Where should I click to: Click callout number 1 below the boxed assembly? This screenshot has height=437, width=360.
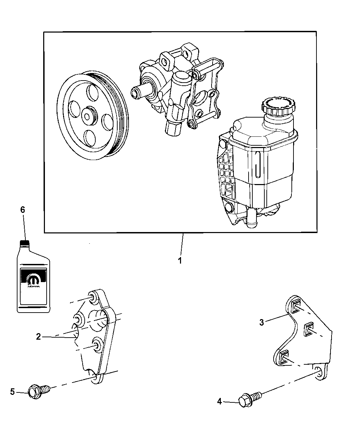[180, 260]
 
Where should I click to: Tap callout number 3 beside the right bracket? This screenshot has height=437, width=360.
[262, 323]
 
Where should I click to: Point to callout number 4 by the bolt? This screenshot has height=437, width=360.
[220, 401]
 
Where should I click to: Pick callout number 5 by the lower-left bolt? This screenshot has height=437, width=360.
[12, 391]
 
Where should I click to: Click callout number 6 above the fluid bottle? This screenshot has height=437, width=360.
[23, 210]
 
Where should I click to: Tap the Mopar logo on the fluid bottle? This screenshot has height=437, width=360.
[33, 279]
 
